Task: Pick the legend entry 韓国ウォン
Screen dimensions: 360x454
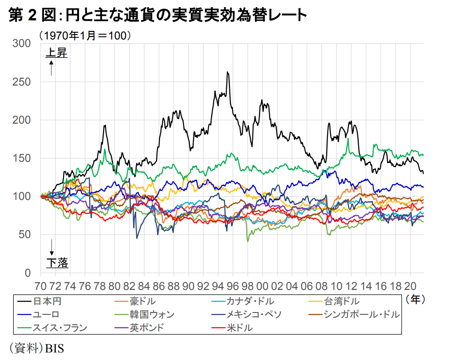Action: [152, 315]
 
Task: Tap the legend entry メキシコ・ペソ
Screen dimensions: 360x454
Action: [254, 315]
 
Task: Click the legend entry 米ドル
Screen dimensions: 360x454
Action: [239, 328]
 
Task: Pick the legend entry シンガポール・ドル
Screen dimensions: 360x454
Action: [361, 315]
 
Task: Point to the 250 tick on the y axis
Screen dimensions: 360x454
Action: [22, 82]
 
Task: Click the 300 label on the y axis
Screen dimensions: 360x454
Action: [22, 43]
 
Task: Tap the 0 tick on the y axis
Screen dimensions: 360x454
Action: [28, 273]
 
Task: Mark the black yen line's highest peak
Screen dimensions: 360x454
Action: [227, 72]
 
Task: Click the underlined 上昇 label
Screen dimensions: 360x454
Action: [56, 53]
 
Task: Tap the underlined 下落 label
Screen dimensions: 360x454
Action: [57, 263]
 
